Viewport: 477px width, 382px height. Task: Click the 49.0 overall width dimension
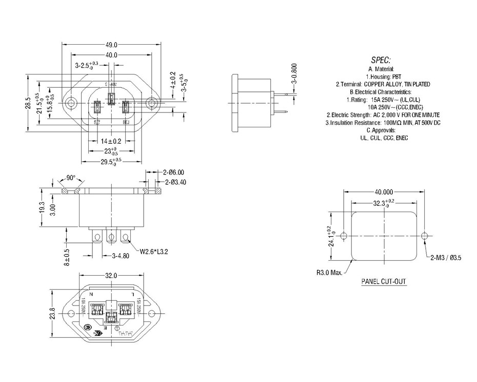112,45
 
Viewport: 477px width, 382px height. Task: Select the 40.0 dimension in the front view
112,55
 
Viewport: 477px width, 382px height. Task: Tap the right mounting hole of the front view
151,103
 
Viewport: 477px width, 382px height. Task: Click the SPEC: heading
381,59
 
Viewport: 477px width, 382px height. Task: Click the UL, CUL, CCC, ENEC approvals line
381,138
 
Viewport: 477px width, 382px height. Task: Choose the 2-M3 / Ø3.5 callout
446,258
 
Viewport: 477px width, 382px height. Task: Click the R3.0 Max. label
329,272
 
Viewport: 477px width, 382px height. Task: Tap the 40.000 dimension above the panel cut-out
384,190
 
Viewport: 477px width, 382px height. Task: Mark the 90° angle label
70,178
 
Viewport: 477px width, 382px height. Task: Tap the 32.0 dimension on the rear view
111,275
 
